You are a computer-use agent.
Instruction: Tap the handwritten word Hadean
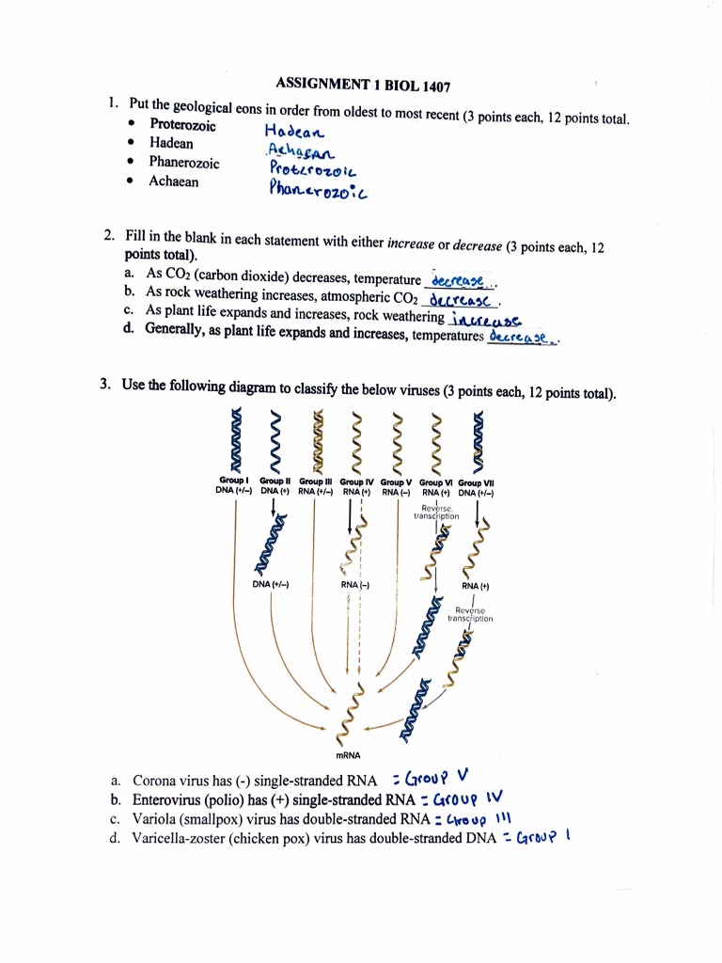point(292,134)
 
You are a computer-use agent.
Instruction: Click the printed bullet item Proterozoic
point(182,125)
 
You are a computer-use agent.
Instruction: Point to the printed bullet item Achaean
point(174,182)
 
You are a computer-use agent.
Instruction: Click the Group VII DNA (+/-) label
point(477,485)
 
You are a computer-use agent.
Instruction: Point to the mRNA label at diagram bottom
point(348,754)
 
